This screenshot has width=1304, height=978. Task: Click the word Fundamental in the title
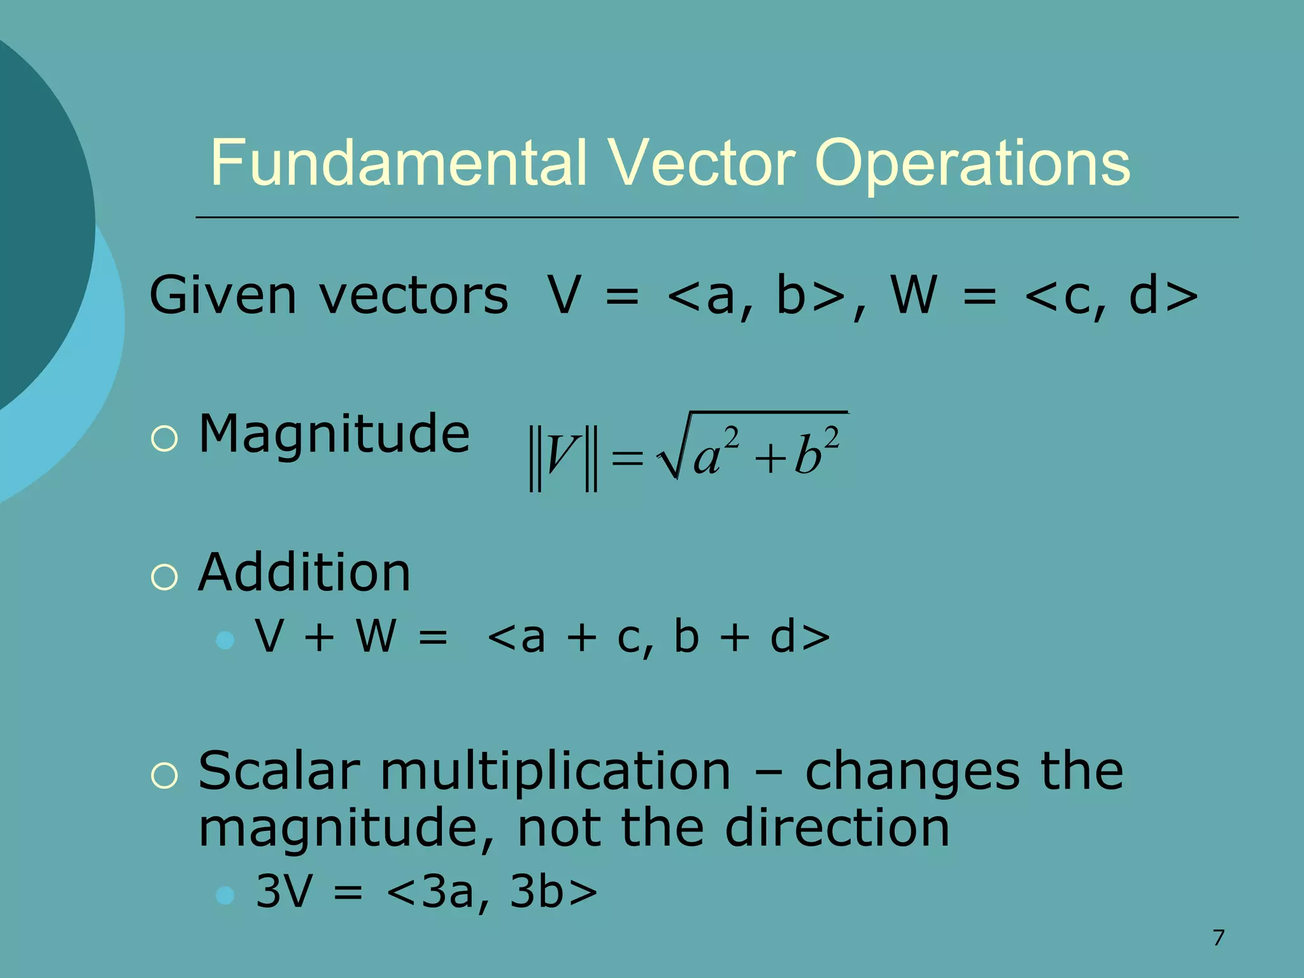[x=398, y=164]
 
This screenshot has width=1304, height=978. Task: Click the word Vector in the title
[x=701, y=164]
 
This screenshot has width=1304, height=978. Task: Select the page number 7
[x=1218, y=938]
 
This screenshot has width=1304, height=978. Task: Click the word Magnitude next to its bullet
[x=334, y=434]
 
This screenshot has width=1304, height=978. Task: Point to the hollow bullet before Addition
[x=165, y=577]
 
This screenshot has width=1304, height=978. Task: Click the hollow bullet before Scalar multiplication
[x=165, y=776]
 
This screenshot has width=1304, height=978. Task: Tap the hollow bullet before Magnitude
[x=165, y=439]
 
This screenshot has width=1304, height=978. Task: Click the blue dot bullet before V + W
[x=225, y=639]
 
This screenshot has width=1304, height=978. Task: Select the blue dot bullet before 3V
[x=225, y=895]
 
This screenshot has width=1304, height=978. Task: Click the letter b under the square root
[x=807, y=456]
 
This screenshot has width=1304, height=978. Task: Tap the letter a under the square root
[x=707, y=457]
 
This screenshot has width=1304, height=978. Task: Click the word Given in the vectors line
[x=222, y=295]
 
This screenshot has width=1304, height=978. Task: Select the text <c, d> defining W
[x=1112, y=295]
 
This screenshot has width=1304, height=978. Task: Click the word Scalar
[x=279, y=772]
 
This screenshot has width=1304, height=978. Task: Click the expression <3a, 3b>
[x=492, y=891]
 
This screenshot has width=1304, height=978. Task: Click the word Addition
[x=304, y=572]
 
